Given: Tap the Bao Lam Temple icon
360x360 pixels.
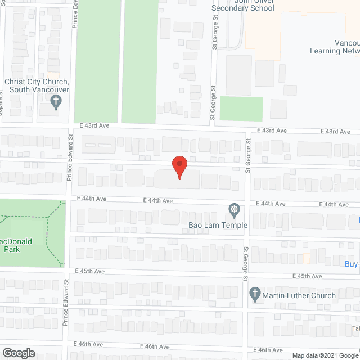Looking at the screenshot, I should tap(234, 211).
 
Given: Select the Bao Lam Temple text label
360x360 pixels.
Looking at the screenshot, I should tap(218, 226).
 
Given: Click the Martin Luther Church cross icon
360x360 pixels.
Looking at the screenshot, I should tap(254, 294).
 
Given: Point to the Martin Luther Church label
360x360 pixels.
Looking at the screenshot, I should tap(299, 295).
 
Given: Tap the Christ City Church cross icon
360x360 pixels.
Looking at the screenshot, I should tap(56, 102).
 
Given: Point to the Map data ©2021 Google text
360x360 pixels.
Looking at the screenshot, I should tap(324, 355).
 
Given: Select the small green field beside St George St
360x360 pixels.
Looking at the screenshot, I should tap(241, 108).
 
